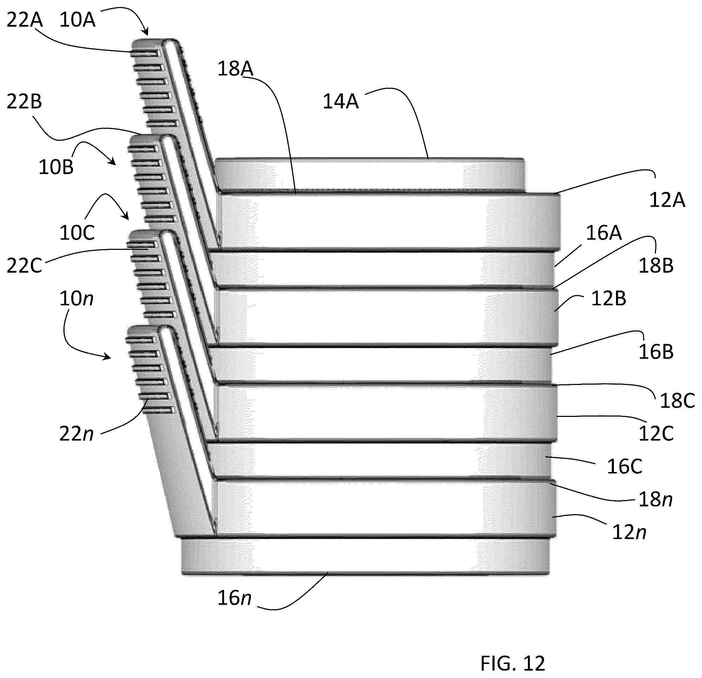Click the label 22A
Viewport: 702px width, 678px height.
click(25, 20)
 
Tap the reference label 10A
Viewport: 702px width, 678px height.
click(77, 20)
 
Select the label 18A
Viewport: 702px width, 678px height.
click(235, 69)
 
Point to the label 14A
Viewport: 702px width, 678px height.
click(340, 101)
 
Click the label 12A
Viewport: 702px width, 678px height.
click(667, 200)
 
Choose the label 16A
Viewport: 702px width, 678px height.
click(604, 233)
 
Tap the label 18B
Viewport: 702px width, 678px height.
click(656, 265)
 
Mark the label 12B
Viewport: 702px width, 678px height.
click(609, 298)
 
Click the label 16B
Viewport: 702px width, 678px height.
click(656, 352)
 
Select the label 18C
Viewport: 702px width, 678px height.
click(677, 400)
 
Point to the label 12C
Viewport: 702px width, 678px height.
click(656, 433)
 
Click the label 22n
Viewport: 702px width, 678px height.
click(76, 434)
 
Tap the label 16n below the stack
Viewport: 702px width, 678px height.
click(234, 598)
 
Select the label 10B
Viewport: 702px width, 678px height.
click(56, 167)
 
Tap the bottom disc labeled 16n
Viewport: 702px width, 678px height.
click(366, 556)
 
